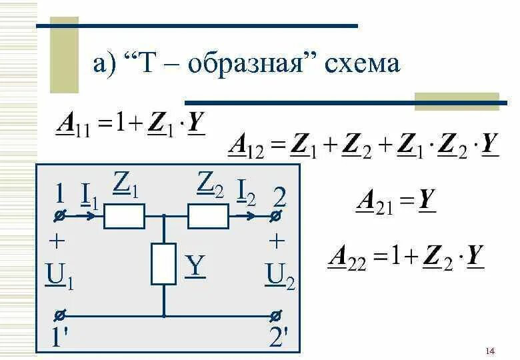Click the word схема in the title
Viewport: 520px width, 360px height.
363,64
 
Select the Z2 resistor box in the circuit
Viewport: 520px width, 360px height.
207,217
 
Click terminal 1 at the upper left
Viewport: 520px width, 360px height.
59,217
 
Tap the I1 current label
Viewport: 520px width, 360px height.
89,195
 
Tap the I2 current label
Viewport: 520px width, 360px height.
246,193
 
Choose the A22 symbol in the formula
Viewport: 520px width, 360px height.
347,257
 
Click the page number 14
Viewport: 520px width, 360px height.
490,351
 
